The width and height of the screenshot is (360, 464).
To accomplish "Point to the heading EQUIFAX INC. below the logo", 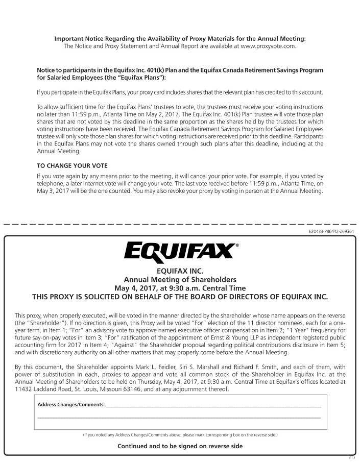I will (x=180, y=271).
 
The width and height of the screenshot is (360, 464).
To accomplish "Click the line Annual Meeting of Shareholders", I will (x=180, y=279).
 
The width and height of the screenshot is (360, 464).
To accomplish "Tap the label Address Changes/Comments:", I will (x=71, y=405).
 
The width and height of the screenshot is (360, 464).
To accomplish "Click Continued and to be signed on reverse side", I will (x=180, y=446).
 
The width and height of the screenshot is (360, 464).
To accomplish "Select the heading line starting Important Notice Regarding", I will (x=180, y=38).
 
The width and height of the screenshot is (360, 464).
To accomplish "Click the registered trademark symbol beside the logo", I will (x=236, y=246).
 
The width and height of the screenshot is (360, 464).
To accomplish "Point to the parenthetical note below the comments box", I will (x=180, y=435).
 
